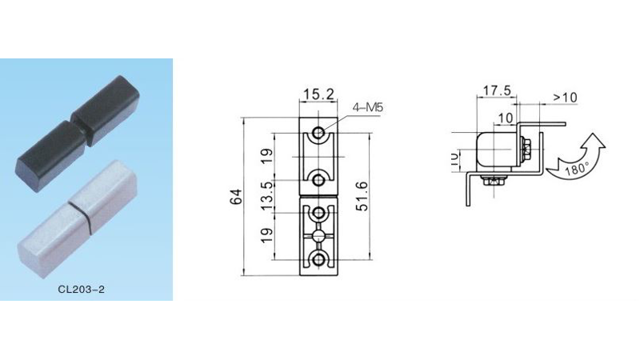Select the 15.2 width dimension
click(318, 94)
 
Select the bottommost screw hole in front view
click(319, 259)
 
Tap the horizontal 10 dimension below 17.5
click(504, 118)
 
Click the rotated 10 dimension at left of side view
click(454, 158)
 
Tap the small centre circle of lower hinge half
click(319, 236)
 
